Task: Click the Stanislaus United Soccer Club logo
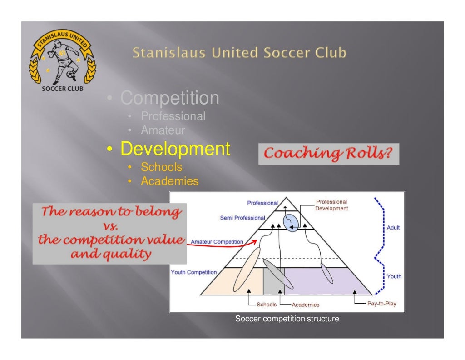coord(62,62)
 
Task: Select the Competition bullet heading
coord(169,98)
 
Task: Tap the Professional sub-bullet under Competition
coord(173,116)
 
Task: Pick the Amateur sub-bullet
coord(163,130)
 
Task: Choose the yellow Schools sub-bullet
coord(161,167)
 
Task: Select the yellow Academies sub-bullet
coord(169,181)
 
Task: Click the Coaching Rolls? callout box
coord(328,154)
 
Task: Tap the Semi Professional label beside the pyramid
coord(243,218)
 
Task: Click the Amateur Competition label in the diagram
coord(217,242)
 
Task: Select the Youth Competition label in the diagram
coord(194,272)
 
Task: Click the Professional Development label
coord(331,205)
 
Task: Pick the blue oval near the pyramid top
coord(291,222)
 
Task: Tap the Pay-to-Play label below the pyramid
coord(381,304)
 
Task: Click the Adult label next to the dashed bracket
coord(393,227)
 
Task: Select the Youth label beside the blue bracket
coord(394,276)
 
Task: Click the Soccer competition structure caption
coord(287,319)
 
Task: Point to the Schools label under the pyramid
coord(267,305)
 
